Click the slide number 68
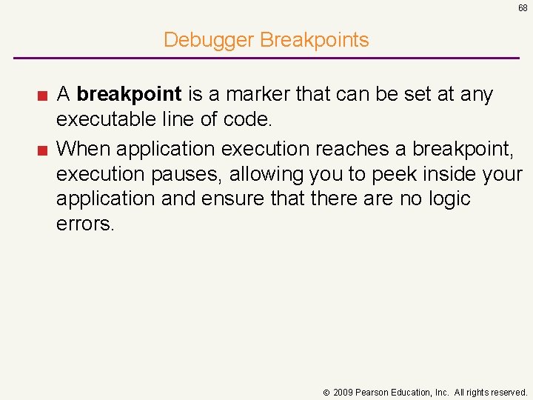(523, 8)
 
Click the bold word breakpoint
(129, 95)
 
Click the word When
(83, 148)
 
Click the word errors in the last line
(85, 224)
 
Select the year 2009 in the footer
(343, 392)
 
